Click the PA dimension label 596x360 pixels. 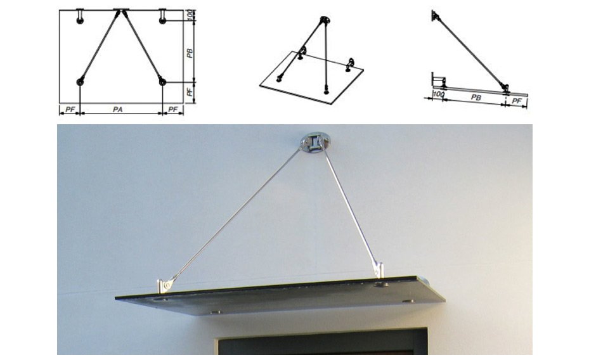tap(118, 110)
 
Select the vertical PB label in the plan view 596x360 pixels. tap(190, 53)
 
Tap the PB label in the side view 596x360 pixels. tap(476, 98)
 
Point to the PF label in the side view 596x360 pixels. tap(517, 101)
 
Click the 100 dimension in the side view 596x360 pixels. tap(439, 94)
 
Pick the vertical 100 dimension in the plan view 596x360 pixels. tap(190, 15)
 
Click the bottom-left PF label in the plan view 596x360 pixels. tap(70, 110)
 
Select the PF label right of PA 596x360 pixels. tap(173, 110)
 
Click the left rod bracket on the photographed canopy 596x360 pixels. tap(165, 285)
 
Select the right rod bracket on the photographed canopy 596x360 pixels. tap(378, 268)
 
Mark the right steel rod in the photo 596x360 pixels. tap(349, 205)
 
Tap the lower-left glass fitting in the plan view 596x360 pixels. tap(80, 82)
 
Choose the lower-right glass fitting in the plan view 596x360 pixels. tap(162, 82)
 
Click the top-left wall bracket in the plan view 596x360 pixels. tap(80, 16)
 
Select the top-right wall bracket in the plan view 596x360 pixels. tap(163, 16)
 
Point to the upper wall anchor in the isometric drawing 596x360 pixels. tap(324, 20)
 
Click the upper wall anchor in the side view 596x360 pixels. tap(434, 16)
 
